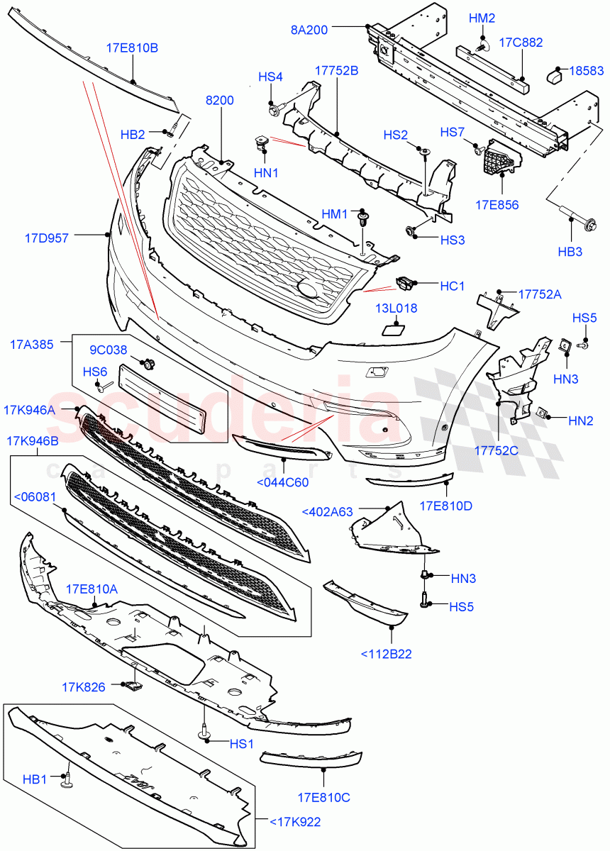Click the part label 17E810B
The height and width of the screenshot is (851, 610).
pyautogui.click(x=133, y=49)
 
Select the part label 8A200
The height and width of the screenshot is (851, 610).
pyautogui.click(x=309, y=29)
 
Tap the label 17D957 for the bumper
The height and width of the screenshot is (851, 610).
pyautogui.click(x=47, y=238)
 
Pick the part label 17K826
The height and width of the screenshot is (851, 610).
pyautogui.click(x=84, y=686)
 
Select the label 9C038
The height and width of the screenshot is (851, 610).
pyautogui.click(x=108, y=350)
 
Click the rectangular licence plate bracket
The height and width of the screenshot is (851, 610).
pyautogui.click(x=164, y=398)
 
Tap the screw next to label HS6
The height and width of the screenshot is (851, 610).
pyautogui.click(x=104, y=385)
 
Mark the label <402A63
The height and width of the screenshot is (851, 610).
pyautogui.click(x=328, y=511)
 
